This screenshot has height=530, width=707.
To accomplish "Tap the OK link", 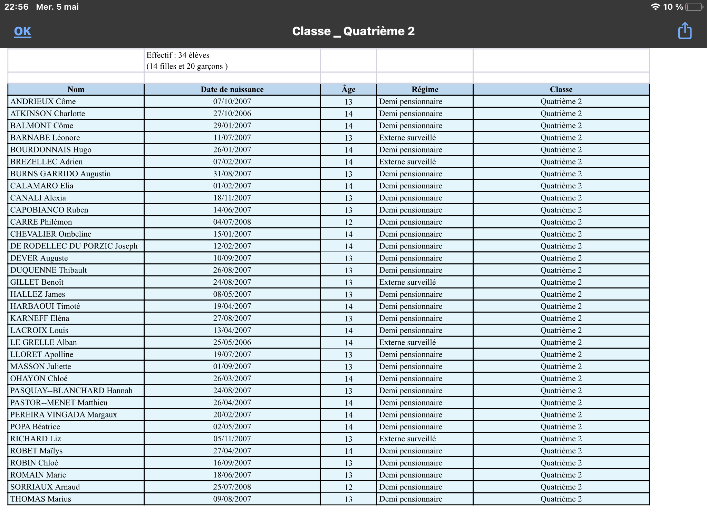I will point(22,31).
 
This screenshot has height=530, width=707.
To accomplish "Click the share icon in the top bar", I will point(685,31).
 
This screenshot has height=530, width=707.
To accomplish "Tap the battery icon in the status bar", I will point(694,7).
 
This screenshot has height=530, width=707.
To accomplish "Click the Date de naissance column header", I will point(232,89).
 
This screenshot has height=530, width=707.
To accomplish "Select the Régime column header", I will point(425,89).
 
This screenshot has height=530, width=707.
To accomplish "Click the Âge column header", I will point(348,89).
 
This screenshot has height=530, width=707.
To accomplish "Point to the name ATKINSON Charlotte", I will point(48,114).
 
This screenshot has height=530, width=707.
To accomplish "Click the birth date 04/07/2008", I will point(232,222).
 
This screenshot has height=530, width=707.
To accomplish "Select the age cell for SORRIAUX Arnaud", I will point(348,487).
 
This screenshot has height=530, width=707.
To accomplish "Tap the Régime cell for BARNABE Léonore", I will point(407,138).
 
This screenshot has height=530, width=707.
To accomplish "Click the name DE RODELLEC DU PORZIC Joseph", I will point(74,246).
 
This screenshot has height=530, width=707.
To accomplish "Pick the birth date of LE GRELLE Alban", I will point(232,342).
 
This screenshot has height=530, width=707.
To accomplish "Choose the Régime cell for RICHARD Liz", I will point(407,439).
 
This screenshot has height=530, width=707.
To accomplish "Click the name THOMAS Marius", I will point(41,499).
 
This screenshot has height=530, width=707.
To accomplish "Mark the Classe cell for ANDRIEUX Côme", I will point(561,101).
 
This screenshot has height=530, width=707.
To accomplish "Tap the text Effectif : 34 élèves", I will point(178,55).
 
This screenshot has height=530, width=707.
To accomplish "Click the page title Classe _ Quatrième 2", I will point(353,31).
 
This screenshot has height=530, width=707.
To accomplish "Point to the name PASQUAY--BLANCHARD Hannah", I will point(71,391).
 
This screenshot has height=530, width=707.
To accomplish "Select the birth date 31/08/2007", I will point(232,174).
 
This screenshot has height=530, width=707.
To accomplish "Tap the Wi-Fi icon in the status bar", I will point(655,7).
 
